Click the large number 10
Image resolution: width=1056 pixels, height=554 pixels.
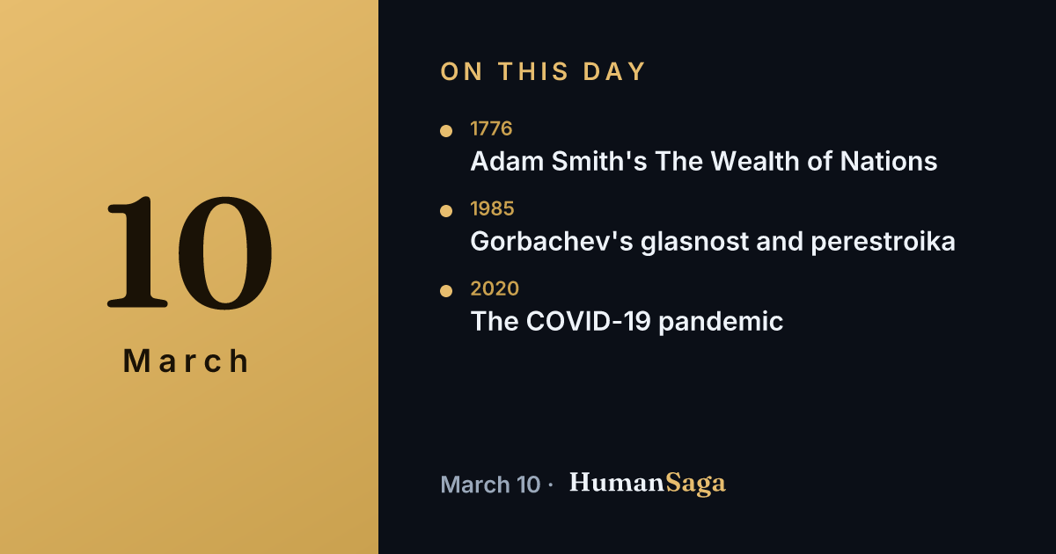(189, 252)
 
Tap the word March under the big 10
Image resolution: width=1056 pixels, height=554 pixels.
(187, 361)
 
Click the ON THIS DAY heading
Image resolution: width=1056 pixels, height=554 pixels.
(543, 71)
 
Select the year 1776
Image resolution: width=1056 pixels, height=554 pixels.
(491, 128)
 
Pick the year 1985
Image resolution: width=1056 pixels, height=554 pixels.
(492, 208)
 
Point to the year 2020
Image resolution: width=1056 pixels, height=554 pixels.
(495, 288)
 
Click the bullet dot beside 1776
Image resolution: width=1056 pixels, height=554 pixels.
(446, 130)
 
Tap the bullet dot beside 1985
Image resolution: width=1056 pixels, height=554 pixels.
(446, 210)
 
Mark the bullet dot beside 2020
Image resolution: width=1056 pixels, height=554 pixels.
(446, 291)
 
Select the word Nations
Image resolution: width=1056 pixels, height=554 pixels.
(889, 161)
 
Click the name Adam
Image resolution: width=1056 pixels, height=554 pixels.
(507, 161)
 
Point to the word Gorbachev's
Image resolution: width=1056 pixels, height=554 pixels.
(552, 241)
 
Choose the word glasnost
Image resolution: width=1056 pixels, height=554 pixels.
(694, 242)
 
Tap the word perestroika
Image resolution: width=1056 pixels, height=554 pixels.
(883, 242)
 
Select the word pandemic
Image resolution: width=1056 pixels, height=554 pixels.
(721, 322)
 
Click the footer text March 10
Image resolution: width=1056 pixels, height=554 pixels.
(490, 485)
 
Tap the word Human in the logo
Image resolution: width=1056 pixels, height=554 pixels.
(617, 483)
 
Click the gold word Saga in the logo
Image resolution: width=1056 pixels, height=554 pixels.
(695, 484)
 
